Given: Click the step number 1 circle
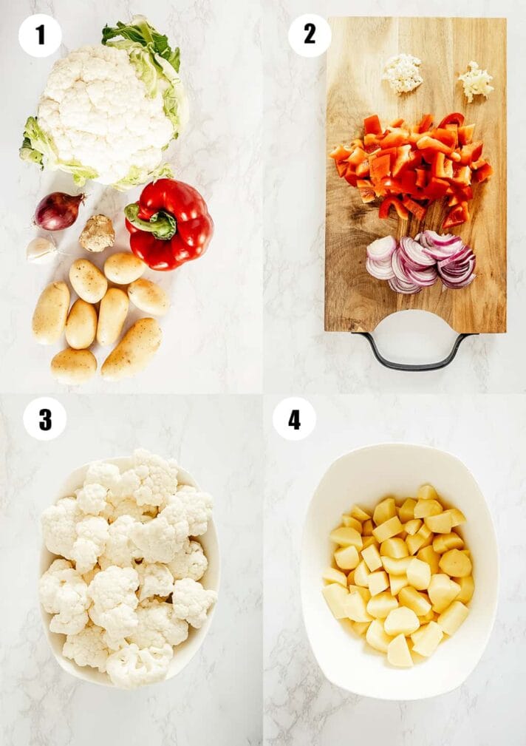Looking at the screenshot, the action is (40, 35).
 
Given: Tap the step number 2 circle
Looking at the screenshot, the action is (310, 35).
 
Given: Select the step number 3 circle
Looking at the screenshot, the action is (45, 418).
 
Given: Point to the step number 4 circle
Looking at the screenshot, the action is (294, 418).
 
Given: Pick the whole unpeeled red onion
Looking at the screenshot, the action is (58, 210).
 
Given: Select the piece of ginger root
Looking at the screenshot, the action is (97, 233).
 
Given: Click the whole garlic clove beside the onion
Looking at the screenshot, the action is (42, 250).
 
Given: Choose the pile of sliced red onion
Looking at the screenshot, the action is (421, 262).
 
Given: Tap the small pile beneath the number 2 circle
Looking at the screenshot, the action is (403, 72).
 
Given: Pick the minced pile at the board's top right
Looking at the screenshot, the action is (476, 81).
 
